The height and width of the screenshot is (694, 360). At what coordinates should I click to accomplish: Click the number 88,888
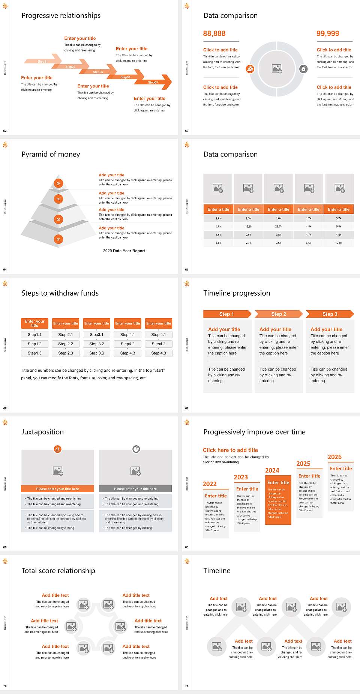[x=214, y=33]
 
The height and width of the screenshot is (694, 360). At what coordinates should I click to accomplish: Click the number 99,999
[x=328, y=33]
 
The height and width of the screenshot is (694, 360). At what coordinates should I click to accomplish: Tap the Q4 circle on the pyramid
[x=58, y=183]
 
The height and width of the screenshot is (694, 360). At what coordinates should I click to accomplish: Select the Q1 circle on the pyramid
[x=58, y=239]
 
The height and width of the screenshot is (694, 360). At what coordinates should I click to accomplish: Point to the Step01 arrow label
[x=43, y=61]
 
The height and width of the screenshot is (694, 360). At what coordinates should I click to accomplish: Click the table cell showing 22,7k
[x=278, y=226]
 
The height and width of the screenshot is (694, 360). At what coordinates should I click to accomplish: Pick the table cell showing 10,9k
[x=338, y=243]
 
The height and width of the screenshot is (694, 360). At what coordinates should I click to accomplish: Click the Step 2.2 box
[x=66, y=344]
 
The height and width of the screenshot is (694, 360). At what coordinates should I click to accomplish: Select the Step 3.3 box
[x=96, y=353]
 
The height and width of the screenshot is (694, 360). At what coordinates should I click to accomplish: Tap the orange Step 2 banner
[x=279, y=314]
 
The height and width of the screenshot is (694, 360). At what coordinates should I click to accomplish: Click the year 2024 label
[x=272, y=470]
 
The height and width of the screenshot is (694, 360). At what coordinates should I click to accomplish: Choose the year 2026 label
[x=334, y=457]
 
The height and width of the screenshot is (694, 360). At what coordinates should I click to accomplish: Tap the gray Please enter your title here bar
[x=135, y=489]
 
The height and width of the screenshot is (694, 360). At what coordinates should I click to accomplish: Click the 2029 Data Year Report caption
[x=124, y=251]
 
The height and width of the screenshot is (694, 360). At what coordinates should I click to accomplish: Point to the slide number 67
[x=187, y=408]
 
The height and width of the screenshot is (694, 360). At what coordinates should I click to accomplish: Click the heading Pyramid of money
[x=51, y=154]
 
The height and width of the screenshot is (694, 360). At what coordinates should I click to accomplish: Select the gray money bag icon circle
[x=303, y=69]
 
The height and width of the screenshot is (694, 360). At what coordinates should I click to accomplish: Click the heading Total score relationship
[x=58, y=571]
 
